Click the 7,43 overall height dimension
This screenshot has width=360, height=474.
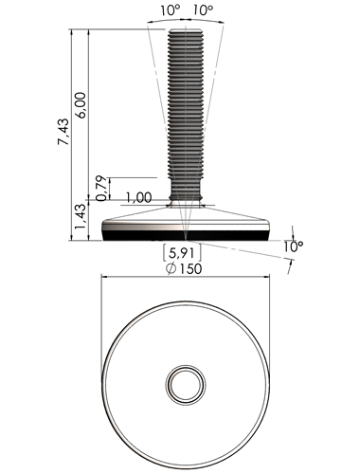click(63, 132)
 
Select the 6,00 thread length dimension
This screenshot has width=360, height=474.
click(81, 105)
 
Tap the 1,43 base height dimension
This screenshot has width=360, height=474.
click(79, 217)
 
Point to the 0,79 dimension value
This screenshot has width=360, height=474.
click(101, 189)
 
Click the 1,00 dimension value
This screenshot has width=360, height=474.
click(139, 197)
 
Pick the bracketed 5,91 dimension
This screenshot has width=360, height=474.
click(182, 253)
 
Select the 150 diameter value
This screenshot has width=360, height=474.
click(190, 268)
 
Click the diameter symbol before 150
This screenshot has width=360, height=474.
click(171, 269)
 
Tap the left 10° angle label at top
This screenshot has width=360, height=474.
click(170, 10)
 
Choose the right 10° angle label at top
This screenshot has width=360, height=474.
click(203, 10)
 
